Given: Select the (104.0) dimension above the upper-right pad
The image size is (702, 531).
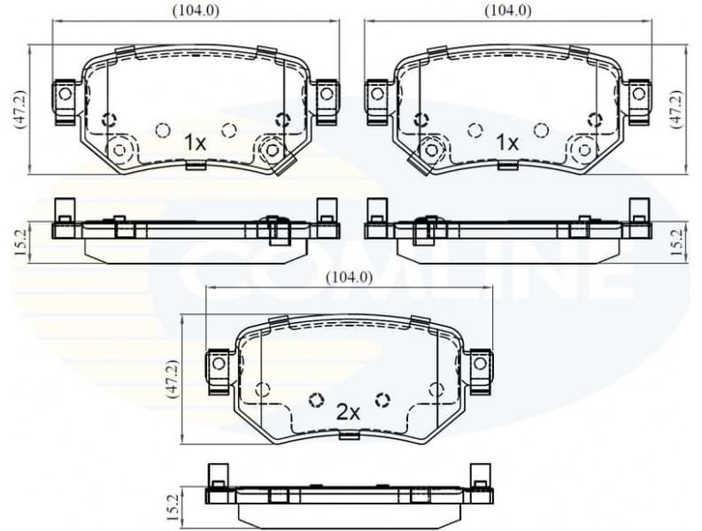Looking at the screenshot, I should tap(508, 11).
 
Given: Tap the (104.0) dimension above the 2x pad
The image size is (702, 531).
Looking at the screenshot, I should tap(348, 277).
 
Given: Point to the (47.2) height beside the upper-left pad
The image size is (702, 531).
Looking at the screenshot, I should tap(19, 109).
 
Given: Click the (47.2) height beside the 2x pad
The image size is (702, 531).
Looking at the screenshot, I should tap(174, 379).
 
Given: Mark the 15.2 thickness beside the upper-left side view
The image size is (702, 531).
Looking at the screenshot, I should tap(19, 241).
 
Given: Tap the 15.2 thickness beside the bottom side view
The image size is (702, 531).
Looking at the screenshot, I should tap(174, 507).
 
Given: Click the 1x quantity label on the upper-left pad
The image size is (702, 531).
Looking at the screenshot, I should tap(195, 142).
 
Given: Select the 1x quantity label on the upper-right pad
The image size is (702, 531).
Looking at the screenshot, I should tap(506, 142).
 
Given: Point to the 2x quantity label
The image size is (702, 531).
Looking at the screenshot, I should tap(348, 412).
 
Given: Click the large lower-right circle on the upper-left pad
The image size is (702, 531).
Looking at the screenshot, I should tap(271, 150).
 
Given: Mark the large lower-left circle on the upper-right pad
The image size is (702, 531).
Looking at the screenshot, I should tap(431, 150).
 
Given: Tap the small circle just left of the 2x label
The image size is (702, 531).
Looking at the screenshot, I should tap(316, 400).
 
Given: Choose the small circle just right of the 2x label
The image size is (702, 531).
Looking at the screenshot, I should tap(382, 400).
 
